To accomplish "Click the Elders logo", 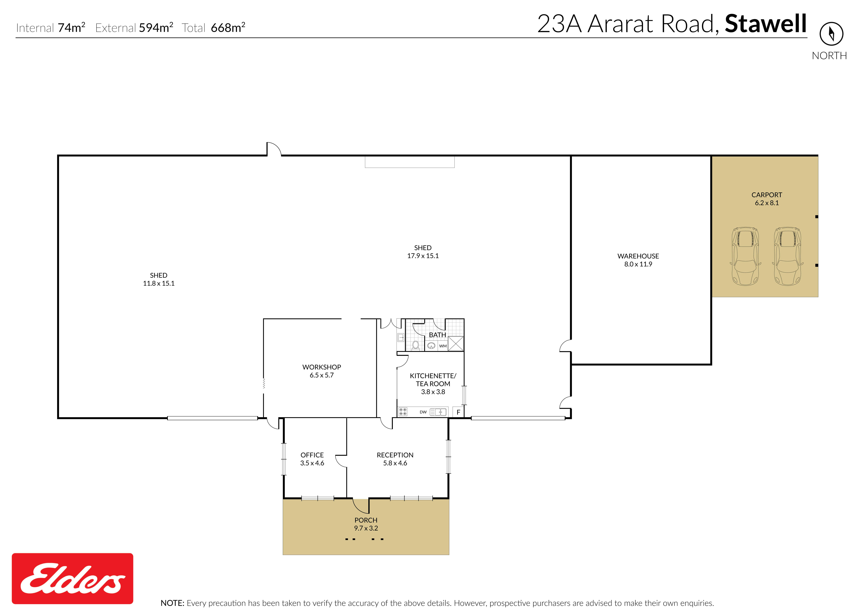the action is pyautogui.click(x=72, y=578).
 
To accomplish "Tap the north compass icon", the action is pyautogui.click(x=831, y=34).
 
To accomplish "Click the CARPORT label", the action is pyautogui.click(x=767, y=195).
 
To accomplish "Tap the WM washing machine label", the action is pyautogui.click(x=443, y=346).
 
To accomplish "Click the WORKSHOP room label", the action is pyautogui.click(x=322, y=367).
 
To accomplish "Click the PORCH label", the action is pyautogui.click(x=366, y=520).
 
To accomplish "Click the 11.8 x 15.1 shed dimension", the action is pyautogui.click(x=159, y=283).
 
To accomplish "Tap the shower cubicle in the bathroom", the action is pyautogui.click(x=456, y=343).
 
